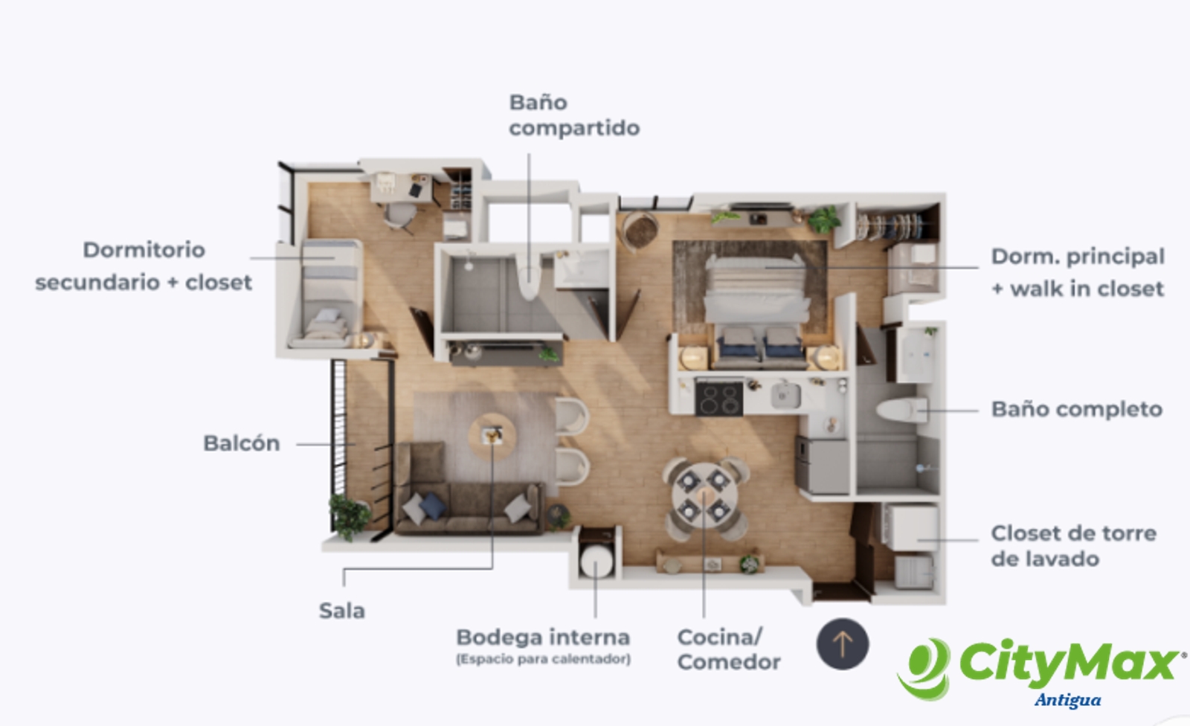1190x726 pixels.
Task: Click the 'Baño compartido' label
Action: (x=574, y=115)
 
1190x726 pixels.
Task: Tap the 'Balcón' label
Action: (x=242, y=443)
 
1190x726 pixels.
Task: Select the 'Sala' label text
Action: (x=341, y=611)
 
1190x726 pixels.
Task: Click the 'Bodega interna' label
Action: (x=543, y=637)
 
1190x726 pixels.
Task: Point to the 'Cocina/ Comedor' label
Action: (x=729, y=649)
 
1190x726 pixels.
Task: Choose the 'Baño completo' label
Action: (x=1077, y=409)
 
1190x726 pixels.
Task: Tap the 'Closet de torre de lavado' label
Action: (x=1074, y=546)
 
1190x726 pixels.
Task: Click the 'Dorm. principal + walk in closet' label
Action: (x=1078, y=273)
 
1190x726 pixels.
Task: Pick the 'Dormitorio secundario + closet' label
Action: (x=144, y=266)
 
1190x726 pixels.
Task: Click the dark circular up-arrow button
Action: (x=843, y=643)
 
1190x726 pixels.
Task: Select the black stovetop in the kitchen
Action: (x=718, y=399)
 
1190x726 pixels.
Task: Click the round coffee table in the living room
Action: (x=492, y=436)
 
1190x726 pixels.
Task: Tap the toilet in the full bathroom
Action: (x=901, y=411)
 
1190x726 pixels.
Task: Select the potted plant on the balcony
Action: (x=349, y=515)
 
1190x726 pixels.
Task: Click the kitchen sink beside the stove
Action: (x=785, y=396)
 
